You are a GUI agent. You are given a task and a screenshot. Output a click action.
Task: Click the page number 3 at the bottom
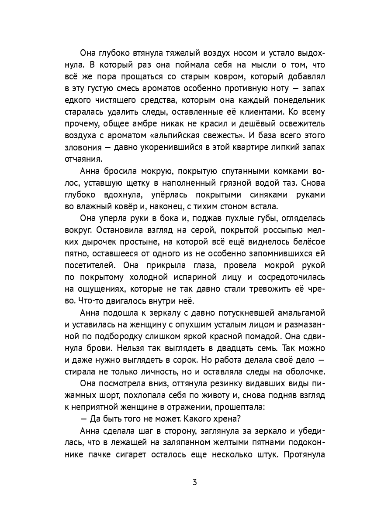[x=194, y=482]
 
